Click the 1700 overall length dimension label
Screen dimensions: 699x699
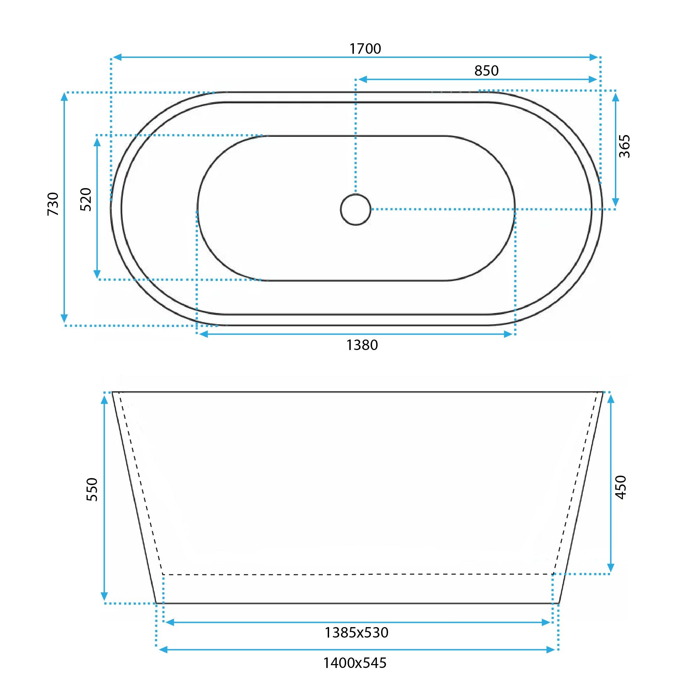[x=365, y=49]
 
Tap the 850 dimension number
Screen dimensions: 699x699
[x=486, y=71]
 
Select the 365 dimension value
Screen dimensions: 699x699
[x=624, y=146]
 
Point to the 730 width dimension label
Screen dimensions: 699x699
[x=53, y=204]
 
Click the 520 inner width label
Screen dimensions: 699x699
[x=86, y=199]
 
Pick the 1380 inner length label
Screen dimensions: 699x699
[x=362, y=345]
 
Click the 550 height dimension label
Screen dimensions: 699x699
[x=92, y=490]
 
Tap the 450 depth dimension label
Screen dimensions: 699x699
[x=620, y=488]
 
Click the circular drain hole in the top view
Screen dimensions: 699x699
[x=356, y=209]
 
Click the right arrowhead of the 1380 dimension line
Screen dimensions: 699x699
[x=509, y=334]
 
